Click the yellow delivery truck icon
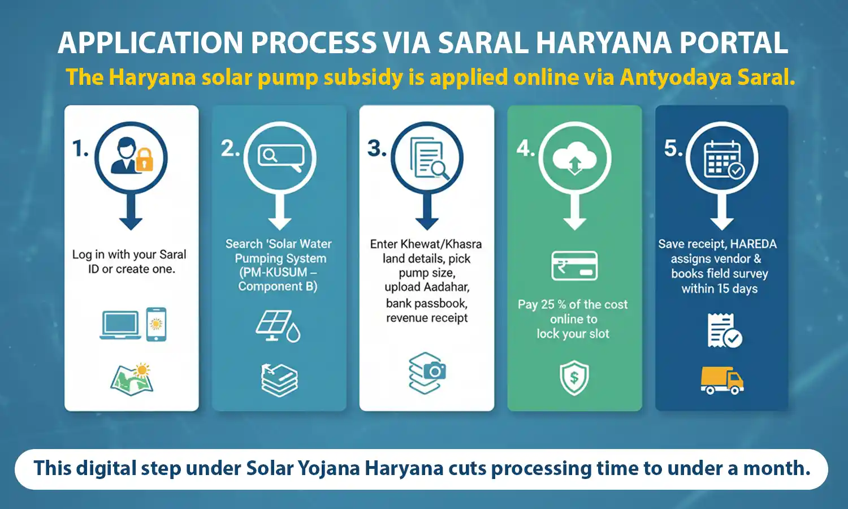722,380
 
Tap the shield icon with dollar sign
574,378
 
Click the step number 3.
377,149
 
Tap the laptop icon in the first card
120,325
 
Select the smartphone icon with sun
156,324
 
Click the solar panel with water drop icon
278,326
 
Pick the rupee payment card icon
574,266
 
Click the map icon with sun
132,379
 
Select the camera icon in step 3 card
434,371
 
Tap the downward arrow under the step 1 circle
131,215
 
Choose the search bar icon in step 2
280,156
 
